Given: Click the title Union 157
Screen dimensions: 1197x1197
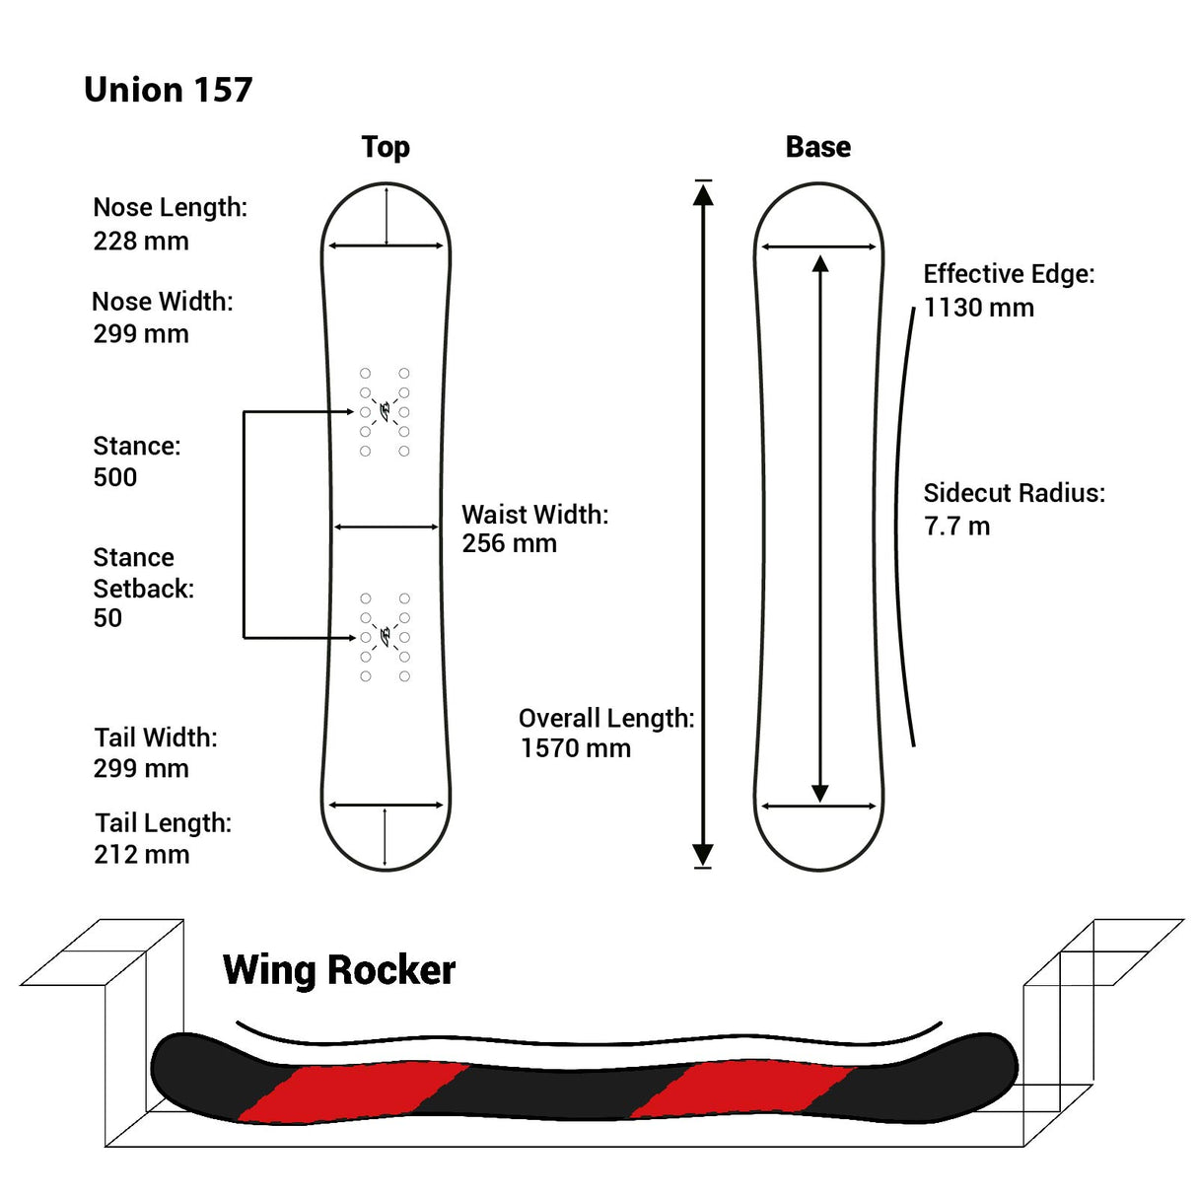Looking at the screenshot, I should tap(169, 90).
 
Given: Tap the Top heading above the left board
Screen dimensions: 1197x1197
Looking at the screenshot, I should tap(386, 147).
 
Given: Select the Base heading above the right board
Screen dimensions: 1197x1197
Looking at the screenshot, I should tap(817, 147).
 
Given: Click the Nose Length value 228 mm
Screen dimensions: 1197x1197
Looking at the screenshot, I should tap(141, 241).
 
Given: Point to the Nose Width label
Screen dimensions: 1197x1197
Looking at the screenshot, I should tap(163, 302).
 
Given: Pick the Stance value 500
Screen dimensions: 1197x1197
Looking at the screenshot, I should tap(115, 477).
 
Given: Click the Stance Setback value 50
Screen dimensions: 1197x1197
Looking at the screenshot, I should tap(107, 618).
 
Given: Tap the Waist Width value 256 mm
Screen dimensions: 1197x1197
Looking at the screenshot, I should tap(509, 543).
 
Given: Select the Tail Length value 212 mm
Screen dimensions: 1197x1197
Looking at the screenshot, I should tap(142, 855).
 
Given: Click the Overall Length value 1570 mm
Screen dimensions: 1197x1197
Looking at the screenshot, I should tap(576, 748).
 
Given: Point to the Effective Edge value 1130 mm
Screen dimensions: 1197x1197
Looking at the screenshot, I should tap(978, 308).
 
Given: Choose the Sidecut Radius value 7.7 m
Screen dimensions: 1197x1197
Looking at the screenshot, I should tap(956, 527).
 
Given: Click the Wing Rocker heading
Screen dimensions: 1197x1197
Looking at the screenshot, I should tap(339, 970).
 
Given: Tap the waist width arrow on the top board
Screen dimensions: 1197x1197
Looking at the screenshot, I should tap(387, 528).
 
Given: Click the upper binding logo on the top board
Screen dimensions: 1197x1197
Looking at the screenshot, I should tap(386, 409).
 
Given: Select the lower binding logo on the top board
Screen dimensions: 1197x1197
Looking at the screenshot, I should tap(386, 636).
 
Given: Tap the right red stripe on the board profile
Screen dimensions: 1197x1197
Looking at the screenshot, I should tap(741, 1090).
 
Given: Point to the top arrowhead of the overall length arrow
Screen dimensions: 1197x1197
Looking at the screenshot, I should tap(703, 193).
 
